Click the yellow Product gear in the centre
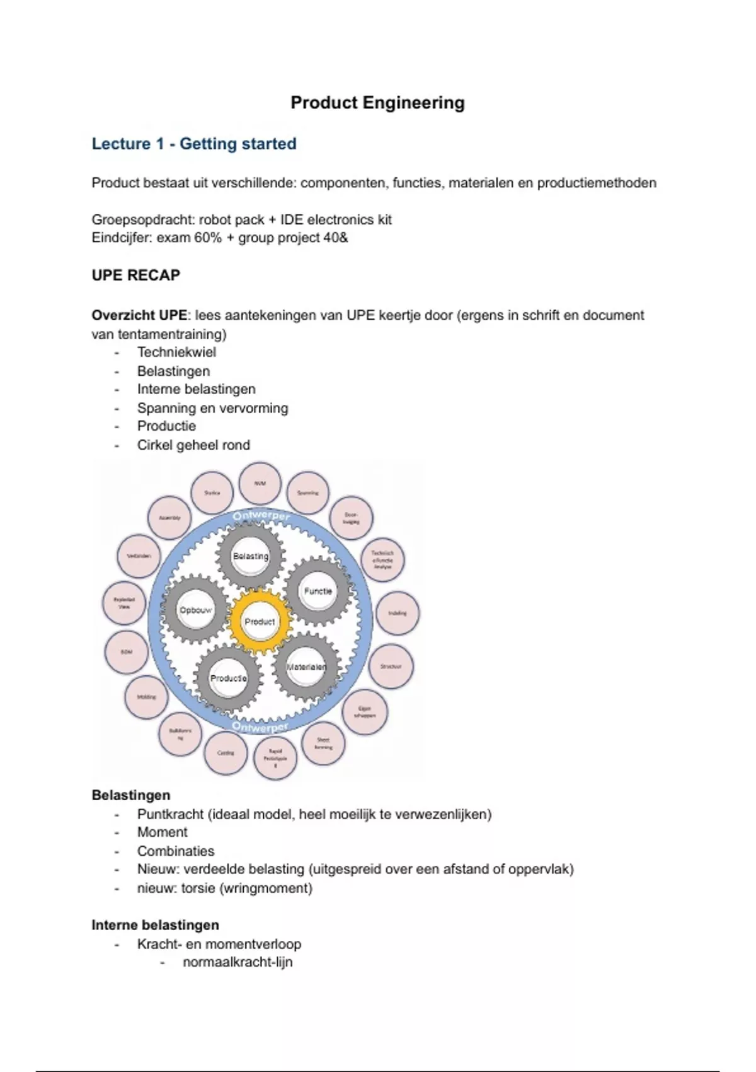(x=260, y=622)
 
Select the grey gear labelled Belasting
(x=251, y=556)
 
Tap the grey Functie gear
(x=318, y=591)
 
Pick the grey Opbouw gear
(x=196, y=610)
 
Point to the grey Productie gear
(x=228, y=679)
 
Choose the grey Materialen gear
(x=306, y=667)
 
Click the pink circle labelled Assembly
(x=169, y=518)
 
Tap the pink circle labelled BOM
(x=126, y=652)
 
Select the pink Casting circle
(x=226, y=753)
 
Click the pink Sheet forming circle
(x=323, y=743)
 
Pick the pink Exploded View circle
(x=124, y=603)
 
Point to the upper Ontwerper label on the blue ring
(x=261, y=517)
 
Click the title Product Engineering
(x=377, y=103)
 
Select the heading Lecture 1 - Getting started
(x=194, y=144)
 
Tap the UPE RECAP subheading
(x=136, y=275)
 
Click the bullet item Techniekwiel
(x=176, y=352)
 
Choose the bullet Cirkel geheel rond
(x=193, y=445)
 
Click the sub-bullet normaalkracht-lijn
(x=238, y=962)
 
